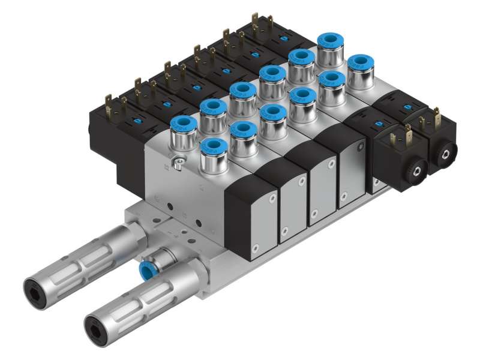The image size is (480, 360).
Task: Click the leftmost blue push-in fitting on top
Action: click(x=184, y=125)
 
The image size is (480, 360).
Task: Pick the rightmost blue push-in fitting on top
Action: click(x=361, y=63)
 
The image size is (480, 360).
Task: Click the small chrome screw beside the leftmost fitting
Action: click(x=177, y=160)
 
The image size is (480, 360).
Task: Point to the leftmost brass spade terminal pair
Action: click(x=110, y=103)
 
